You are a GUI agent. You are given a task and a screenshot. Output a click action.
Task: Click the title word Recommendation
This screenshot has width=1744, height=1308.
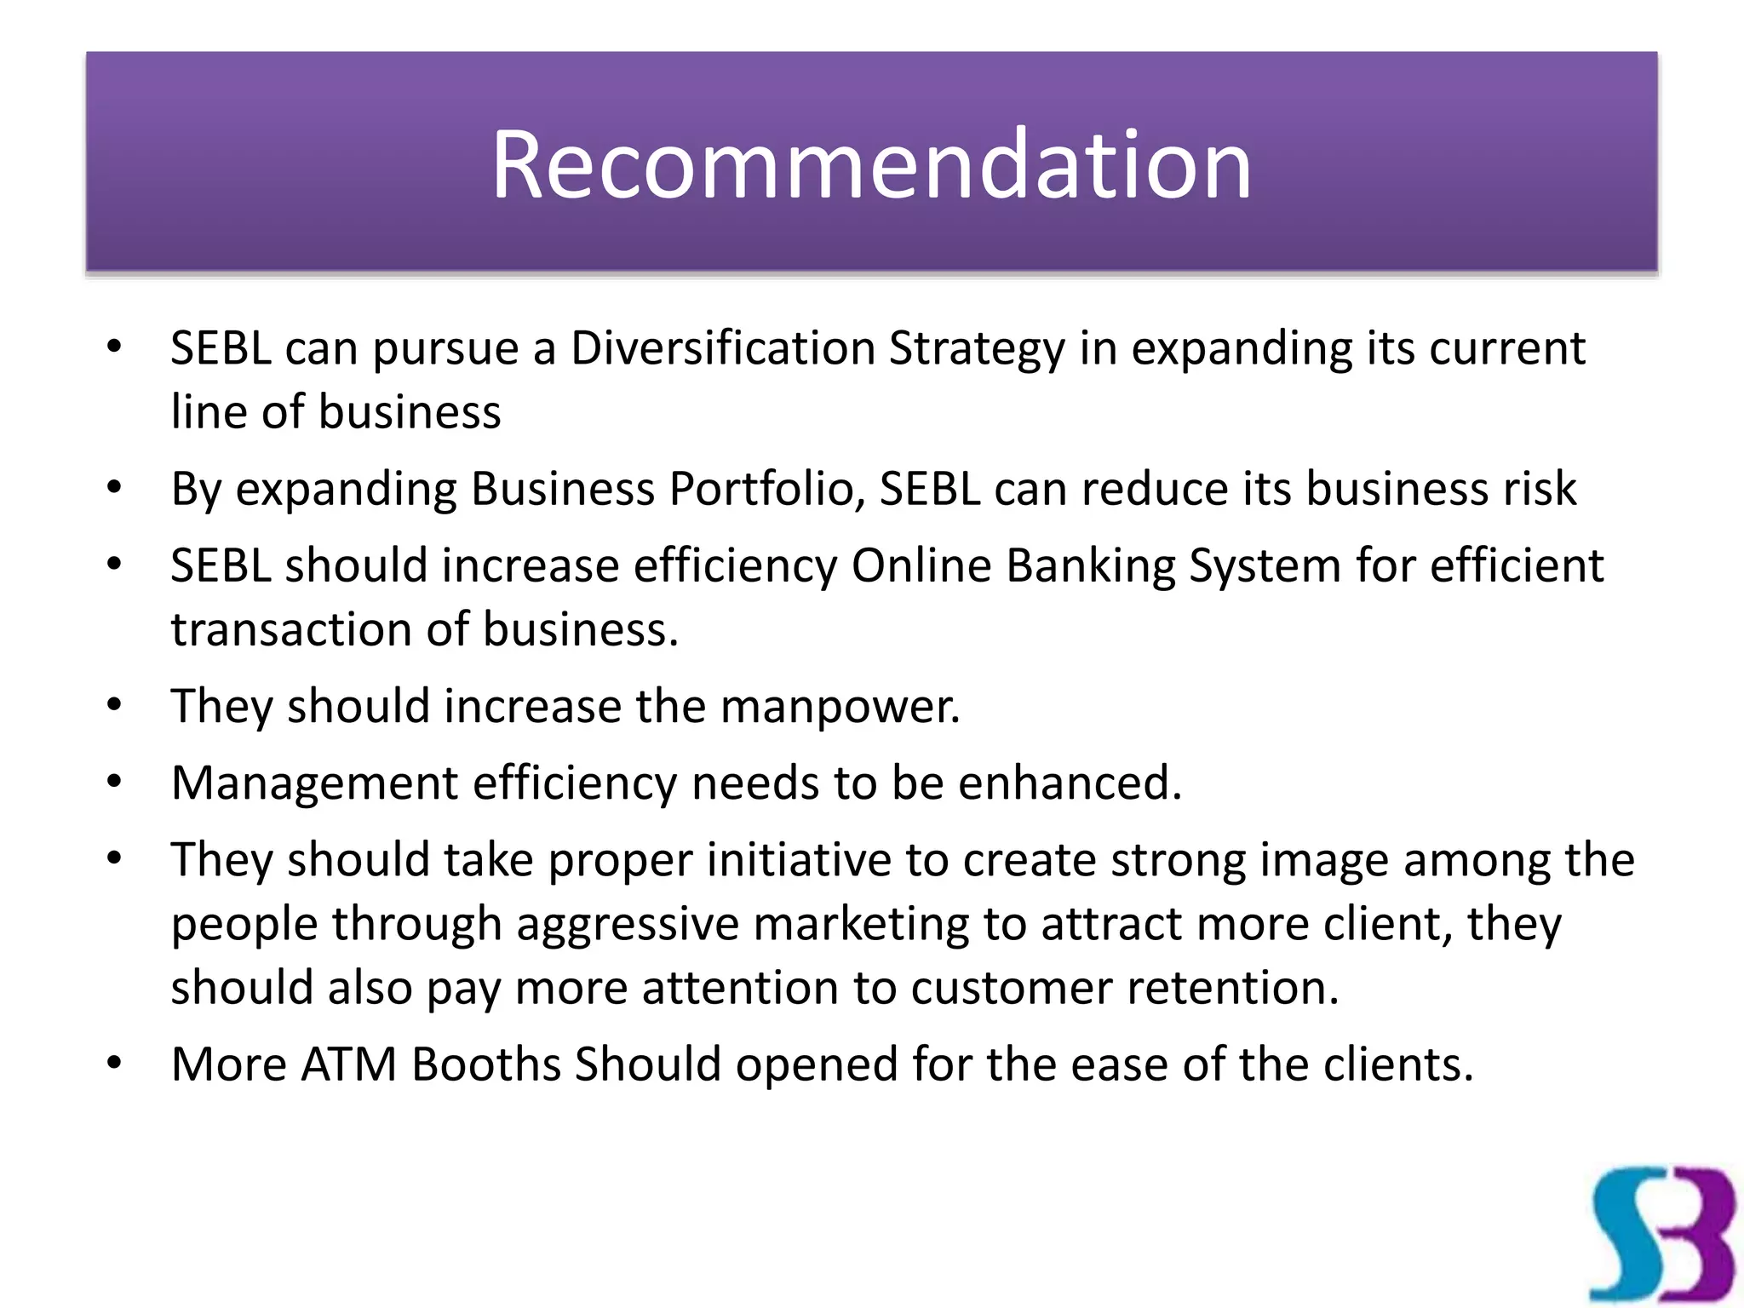pos(871,163)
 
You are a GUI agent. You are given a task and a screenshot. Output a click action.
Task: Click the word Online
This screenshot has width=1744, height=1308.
pos(921,565)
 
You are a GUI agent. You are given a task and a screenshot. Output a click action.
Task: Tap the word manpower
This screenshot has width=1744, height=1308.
pos(840,707)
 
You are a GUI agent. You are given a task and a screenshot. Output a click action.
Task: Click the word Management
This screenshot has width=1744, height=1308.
pos(314,783)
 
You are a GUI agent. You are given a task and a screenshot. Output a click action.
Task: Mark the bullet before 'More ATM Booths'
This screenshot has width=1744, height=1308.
pos(115,1063)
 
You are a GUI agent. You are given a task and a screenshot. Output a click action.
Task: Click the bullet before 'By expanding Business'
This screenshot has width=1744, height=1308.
pos(115,487)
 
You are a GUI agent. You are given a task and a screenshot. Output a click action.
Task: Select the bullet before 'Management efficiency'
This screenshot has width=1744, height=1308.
pos(115,781)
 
